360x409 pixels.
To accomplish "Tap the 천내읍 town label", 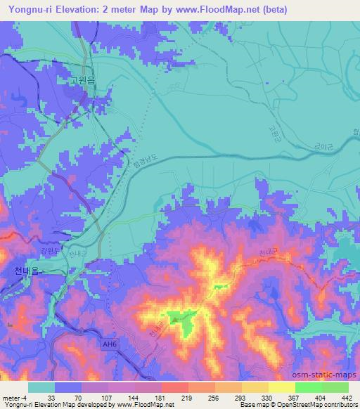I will [27, 269].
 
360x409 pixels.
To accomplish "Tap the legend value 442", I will [346, 397].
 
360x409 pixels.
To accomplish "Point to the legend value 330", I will [267, 397].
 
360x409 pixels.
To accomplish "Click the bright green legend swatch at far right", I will [335, 387].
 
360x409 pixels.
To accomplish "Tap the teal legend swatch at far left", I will [41, 387].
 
